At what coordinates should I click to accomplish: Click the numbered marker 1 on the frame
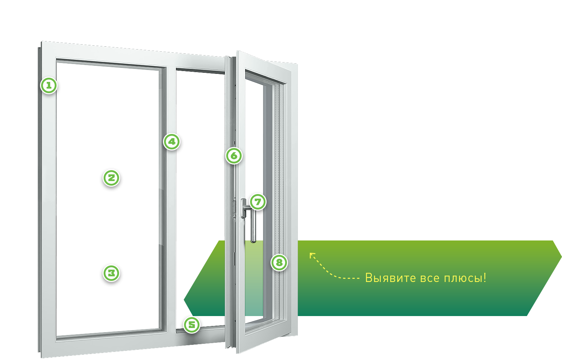point(49,85)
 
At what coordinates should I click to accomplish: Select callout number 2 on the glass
point(111,178)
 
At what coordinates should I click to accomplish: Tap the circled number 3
point(111,273)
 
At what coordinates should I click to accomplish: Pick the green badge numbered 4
point(172,142)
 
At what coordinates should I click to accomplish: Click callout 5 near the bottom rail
point(192,325)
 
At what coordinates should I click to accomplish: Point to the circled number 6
point(234,156)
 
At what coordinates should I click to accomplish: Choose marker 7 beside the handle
point(258,202)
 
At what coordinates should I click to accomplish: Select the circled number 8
point(279,263)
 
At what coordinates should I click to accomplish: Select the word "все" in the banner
point(429,279)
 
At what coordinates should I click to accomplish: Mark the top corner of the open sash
point(237,51)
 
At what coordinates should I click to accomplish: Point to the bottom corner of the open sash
point(237,353)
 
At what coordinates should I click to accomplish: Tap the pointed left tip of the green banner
point(184,300)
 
